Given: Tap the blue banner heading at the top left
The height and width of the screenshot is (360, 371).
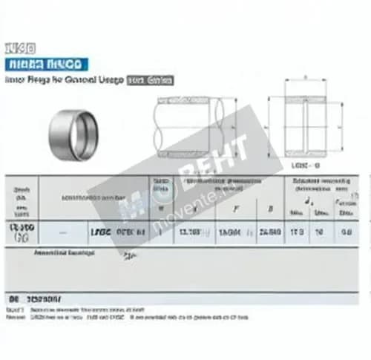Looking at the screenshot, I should (x=46, y=64).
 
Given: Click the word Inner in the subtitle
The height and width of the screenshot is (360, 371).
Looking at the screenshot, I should (x=14, y=80).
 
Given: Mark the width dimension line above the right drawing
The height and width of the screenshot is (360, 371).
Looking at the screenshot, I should (x=305, y=77).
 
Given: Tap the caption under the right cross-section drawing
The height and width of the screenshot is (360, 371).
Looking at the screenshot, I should (x=306, y=164).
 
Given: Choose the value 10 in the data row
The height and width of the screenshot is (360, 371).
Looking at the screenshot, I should (x=320, y=233).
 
